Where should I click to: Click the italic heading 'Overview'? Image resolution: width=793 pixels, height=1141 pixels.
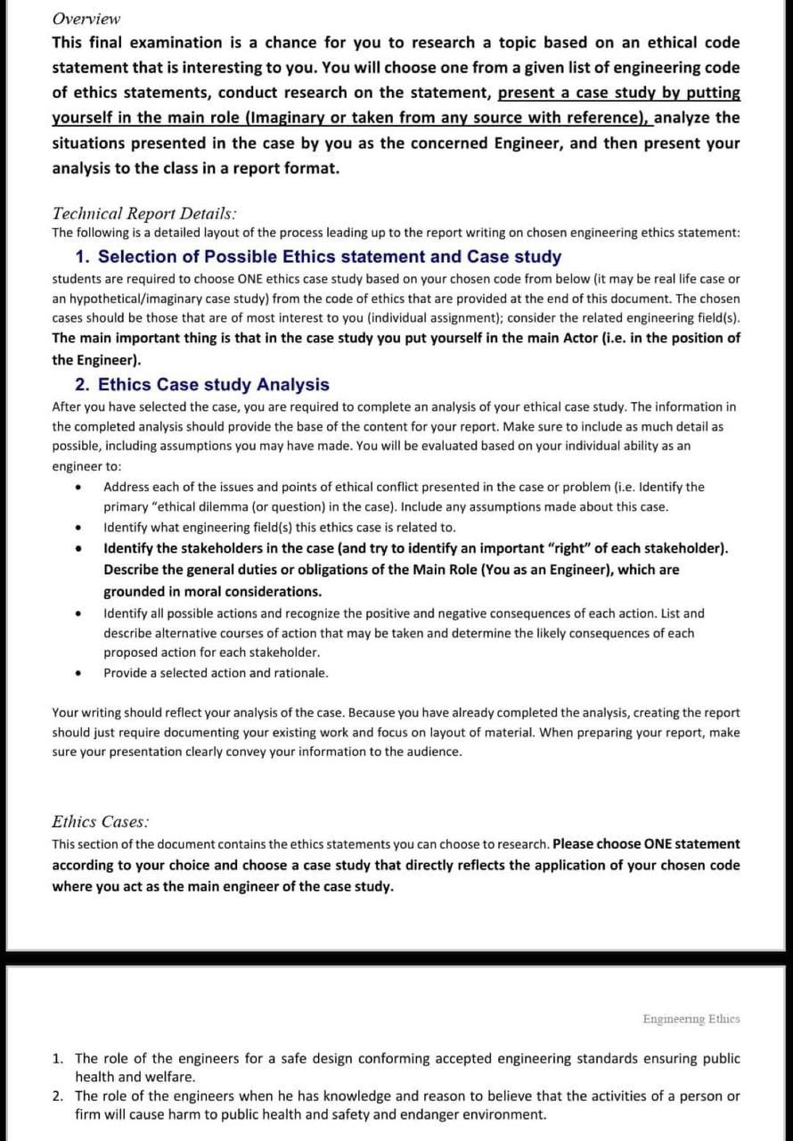(x=86, y=19)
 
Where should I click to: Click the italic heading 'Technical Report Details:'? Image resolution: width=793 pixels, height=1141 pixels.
(x=144, y=213)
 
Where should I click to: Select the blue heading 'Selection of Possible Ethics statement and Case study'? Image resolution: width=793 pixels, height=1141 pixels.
(x=329, y=257)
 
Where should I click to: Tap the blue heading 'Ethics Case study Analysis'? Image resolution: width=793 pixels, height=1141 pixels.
(x=213, y=384)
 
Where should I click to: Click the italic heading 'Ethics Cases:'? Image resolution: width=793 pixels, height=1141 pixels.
(x=100, y=821)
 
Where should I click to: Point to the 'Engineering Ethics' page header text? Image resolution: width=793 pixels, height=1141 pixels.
(x=691, y=1019)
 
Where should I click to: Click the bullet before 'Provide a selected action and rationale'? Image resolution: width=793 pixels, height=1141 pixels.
(x=79, y=674)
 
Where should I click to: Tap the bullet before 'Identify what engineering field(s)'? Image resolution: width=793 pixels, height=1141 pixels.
(x=79, y=528)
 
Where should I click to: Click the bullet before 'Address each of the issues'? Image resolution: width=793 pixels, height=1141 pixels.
(x=79, y=488)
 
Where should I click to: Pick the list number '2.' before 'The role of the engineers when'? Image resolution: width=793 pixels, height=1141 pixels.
(x=58, y=1096)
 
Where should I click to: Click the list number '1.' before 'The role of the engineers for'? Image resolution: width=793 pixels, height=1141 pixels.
(x=58, y=1058)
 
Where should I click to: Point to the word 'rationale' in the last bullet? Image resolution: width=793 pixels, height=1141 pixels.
(x=299, y=673)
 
